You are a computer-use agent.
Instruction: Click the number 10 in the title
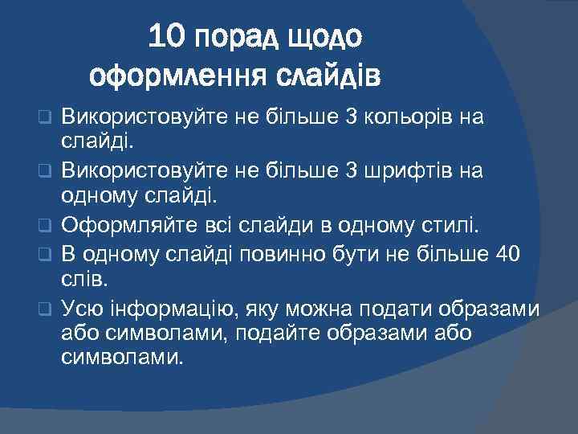pos(167,36)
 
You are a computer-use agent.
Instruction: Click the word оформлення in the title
pos(177,77)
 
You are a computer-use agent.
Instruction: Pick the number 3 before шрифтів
pos(350,170)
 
